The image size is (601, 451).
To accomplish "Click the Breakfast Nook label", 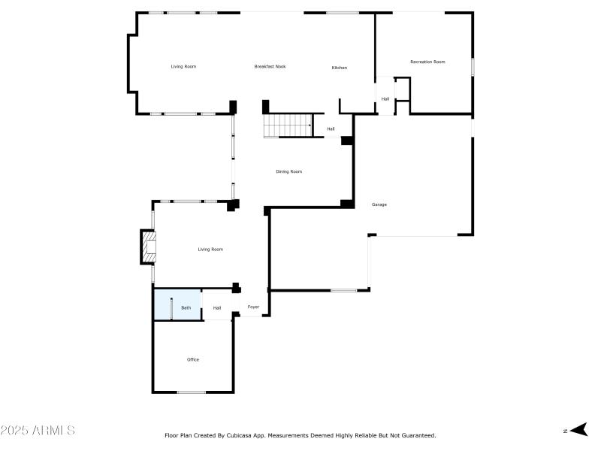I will pos(270,67).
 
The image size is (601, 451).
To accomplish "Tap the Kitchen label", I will pos(340,68).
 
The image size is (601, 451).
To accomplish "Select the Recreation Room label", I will pos(427,62).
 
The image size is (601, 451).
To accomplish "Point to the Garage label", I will pos(379,204).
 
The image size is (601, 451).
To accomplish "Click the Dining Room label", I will pos(288,172).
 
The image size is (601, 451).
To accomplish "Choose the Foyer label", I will pos(253,307).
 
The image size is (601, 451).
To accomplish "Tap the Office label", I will pos(193,360).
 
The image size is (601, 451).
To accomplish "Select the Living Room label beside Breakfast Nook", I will pos(183,67).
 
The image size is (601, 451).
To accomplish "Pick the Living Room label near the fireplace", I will pos(210,250).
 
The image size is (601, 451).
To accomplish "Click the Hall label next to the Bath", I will pos(217,308).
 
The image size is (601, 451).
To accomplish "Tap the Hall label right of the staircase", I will pos(331,129).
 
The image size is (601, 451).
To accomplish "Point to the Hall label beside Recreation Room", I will pos(385,99).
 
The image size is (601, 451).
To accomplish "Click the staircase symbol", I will pos(288,126).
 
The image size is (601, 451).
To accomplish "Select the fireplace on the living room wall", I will pos(148,247).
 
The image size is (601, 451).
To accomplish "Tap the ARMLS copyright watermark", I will pos(38,431).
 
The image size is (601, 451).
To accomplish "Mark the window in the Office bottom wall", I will pos(192,392).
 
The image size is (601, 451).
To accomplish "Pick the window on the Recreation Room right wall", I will pos(473,66).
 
